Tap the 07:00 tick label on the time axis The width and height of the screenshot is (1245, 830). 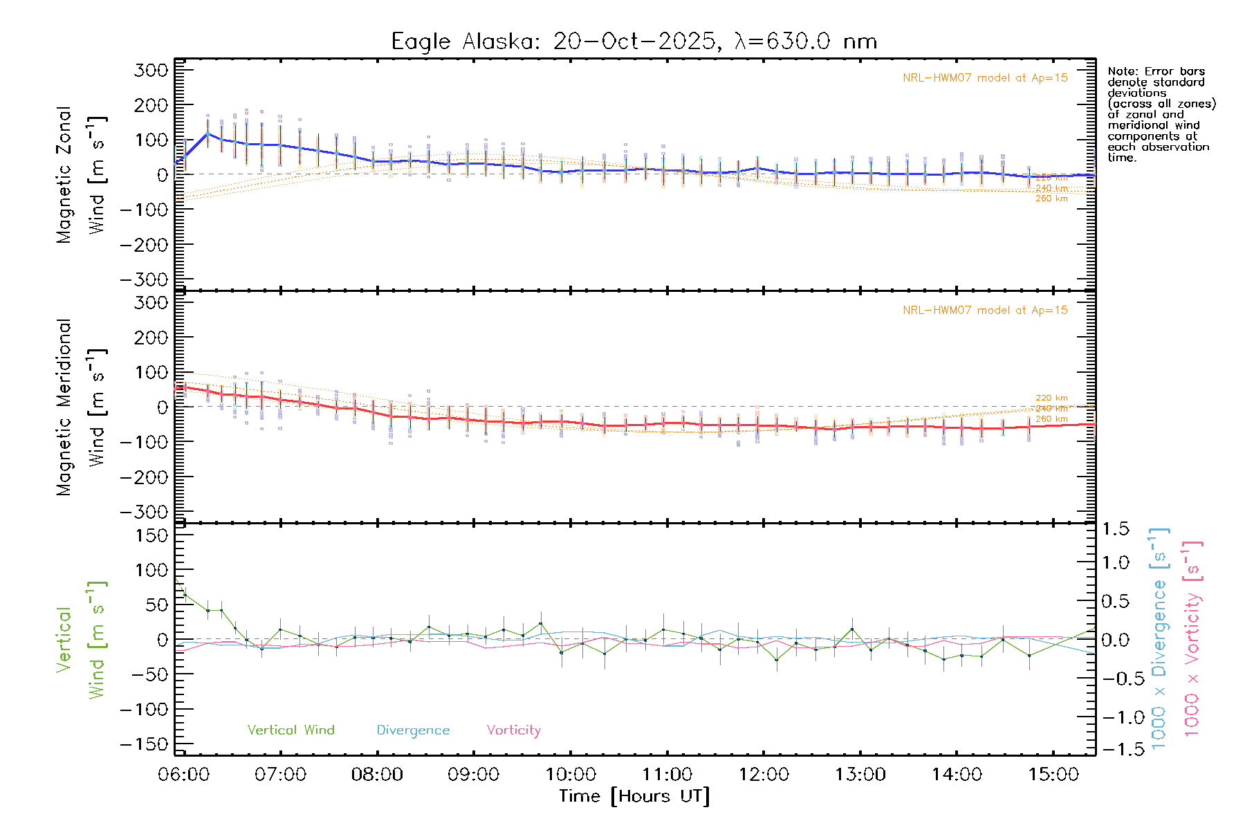click(280, 775)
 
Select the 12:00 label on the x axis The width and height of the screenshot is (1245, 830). click(764, 775)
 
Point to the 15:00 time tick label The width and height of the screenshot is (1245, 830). click(1053, 775)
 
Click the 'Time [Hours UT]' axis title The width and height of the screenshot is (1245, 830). click(634, 796)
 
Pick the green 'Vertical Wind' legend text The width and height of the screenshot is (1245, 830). click(290, 730)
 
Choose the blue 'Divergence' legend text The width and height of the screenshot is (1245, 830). click(413, 730)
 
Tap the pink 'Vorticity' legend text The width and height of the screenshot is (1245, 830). click(513, 730)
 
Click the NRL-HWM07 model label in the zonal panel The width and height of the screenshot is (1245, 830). click(985, 78)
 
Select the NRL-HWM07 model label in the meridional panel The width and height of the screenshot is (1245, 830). click(985, 311)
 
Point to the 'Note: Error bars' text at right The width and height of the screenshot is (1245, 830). click(1156, 71)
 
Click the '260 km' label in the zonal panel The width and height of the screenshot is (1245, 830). click(1051, 199)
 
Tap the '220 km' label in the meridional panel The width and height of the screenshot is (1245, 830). click(1051, 398)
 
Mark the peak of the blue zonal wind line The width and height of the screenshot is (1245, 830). click(207, 133)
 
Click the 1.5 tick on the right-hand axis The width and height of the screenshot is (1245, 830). click(1116, 529)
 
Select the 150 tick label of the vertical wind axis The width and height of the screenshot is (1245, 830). click(152, 535)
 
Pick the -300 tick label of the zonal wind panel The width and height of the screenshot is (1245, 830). click(144, 280)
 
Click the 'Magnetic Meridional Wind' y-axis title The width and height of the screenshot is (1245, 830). click(80, 407)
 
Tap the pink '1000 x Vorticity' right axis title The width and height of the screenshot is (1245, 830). click(1192, 639)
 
